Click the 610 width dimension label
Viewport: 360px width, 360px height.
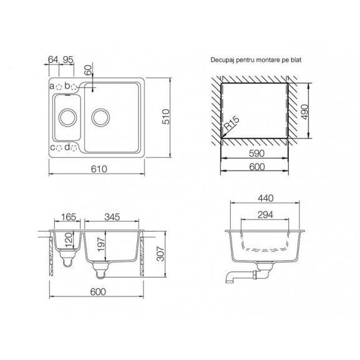[99, 169]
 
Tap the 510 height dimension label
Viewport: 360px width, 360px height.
[166, 117]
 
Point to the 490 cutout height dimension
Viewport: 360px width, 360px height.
[304, 112]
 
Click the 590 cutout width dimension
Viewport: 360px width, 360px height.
[256, 153]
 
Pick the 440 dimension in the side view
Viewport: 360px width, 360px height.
[265, 198]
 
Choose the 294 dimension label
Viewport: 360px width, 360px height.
[265, 215]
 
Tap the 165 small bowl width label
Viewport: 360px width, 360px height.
[69, 216]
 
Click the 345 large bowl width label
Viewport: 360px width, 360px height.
[112, 216]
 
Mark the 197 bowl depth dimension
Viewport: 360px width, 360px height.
[101, 245]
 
